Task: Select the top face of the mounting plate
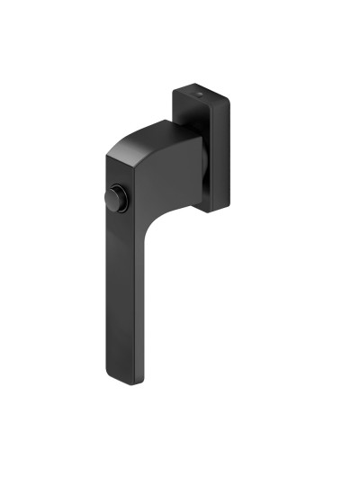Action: [x=193, y=94]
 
